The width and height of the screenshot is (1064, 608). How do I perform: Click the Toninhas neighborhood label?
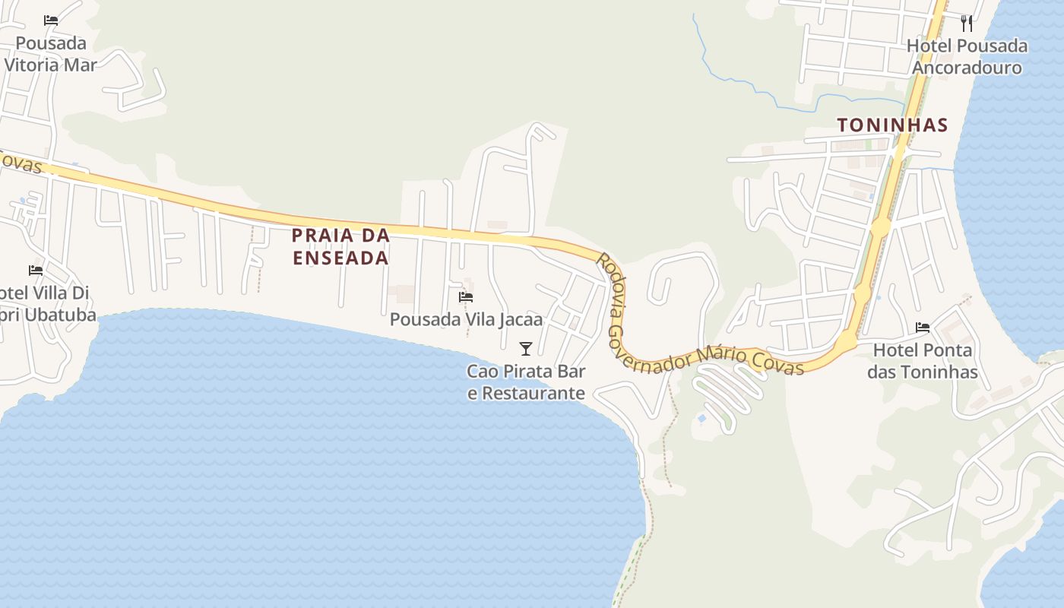pyautogui.click(x=892, y=125)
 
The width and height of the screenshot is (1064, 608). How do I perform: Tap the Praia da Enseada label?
pyautogui.click(x=340, y=246)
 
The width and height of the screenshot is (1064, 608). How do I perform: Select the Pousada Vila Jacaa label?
pyautogui.click(x=466, y=319)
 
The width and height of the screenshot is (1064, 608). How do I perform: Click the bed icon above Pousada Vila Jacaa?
pyautogui.click(x=466, y=296)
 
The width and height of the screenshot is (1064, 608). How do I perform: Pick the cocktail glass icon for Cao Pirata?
pyautogui.click(x=525, y=349)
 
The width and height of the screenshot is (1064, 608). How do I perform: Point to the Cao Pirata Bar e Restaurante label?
pyautogui.click(x=526, y=382)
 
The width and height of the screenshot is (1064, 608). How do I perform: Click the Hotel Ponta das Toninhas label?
pyautogui.click(x=923, y=361)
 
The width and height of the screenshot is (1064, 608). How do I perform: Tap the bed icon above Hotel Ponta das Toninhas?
pyautogui.click(x=923, y=328)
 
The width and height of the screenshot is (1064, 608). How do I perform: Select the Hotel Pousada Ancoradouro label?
pyautogui.click(x=967, y=57)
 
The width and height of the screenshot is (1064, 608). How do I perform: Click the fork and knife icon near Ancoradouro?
pyautogui.click(x=967, y=24)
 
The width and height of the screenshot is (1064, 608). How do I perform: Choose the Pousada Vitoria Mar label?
pyautogui.click(x=51, y=54)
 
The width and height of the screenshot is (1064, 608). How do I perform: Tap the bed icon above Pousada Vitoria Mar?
pyautogui.click(x=51, y=21)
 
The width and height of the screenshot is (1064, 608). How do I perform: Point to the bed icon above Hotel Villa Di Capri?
pyautogui.click(x=36, y=270)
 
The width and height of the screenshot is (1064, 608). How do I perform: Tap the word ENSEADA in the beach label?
pyautogui.click(x=340, y=258)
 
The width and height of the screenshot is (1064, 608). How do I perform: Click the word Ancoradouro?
pyautogui.click(x=967, y=68)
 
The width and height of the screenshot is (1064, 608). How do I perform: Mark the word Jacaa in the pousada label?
pyautogui.click(x=521, y=319)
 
